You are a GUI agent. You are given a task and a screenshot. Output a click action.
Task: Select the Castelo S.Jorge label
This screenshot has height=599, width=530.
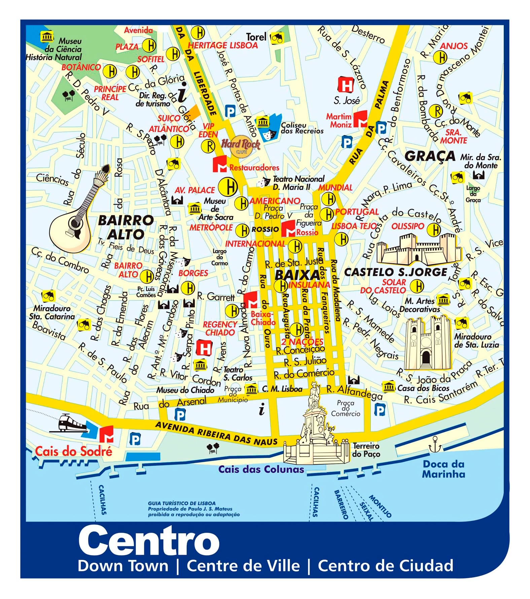[x=396, y=272]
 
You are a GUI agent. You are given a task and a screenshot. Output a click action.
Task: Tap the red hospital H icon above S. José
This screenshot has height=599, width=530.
[x=346, y=84]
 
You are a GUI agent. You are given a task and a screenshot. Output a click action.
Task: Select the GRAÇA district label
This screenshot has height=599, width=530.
[x=430, y=156]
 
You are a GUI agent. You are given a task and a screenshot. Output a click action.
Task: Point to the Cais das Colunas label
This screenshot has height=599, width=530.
[x=261, y=469]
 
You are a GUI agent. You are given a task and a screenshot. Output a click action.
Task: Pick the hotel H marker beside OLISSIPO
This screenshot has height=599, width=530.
[x=434, y=230]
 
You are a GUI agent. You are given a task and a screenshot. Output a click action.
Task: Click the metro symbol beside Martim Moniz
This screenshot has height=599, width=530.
[x=360, y=119]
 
